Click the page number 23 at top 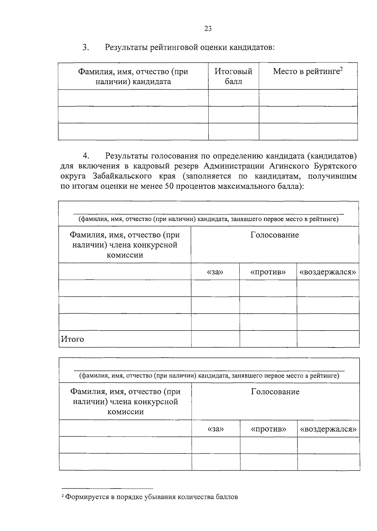[x=208, y=29]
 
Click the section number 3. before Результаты [x=86, y=47]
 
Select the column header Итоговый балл [x=233, y=76]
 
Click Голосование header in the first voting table [x=275, y=235]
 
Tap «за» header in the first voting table [x=215, y=272]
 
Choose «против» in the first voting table [x=268, y=272]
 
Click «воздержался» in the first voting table [x=328, y=272]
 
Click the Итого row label [x=73, y=339]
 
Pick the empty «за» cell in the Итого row [x=215, y=339]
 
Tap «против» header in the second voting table [x=269, y=429]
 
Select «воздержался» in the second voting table [x=328, y=429]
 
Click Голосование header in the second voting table [x=275, y=392]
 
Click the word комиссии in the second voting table [x=125, y=412]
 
